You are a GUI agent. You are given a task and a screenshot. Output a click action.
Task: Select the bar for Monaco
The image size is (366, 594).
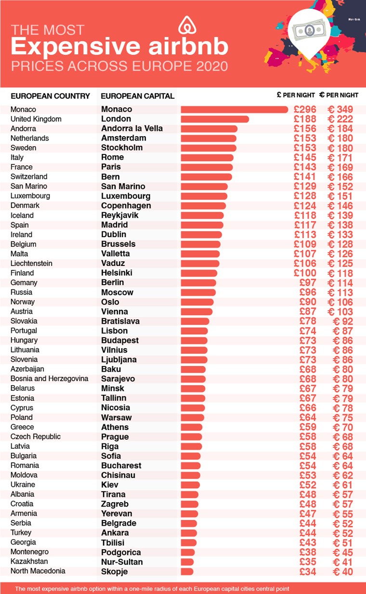click(x=234, y=109)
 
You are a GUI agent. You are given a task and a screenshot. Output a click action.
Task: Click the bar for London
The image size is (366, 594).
click(x=215, y=119)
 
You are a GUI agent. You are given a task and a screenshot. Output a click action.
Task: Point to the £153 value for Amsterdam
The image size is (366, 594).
click(x=305, y=138)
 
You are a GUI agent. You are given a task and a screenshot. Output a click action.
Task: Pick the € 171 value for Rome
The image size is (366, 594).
click(x=340, y=158)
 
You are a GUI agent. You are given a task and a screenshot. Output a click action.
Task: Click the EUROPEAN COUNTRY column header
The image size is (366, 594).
click(x=50, y=96)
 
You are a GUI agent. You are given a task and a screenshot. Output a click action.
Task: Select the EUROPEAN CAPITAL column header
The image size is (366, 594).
click(x=137, y=96)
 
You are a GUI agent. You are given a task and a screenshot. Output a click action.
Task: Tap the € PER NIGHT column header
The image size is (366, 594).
click(x=339, y=95)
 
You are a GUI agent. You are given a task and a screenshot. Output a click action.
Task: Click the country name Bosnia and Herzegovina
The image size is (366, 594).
click(x=49, y=379)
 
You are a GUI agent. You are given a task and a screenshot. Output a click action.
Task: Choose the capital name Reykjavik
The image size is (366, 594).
click(x=120, y=215)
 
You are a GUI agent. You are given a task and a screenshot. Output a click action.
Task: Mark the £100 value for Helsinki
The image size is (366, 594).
click(x=305, y=273)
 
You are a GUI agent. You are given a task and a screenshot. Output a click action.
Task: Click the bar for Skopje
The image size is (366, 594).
click(x=187, y=571)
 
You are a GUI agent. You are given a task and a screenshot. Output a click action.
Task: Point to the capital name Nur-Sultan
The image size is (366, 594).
click(x=122, y=562)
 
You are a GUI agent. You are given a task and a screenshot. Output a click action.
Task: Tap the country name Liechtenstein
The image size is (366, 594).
click(x=31, y=263)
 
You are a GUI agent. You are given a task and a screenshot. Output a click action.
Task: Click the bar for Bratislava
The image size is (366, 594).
click(x=195, y=321)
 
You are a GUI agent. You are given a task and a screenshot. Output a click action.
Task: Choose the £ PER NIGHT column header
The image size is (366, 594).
click(x=296, y=95)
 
